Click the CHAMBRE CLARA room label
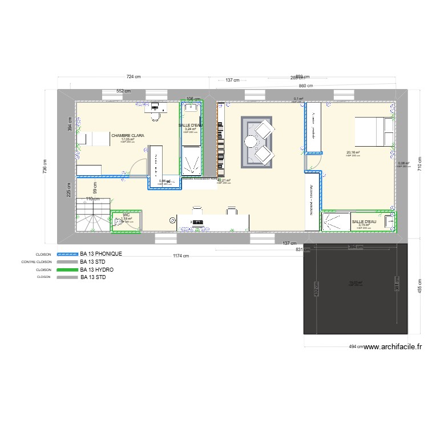point(128,136)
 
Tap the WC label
point(126,215)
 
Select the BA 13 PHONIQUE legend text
point(100,253)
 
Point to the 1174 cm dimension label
point(181,256)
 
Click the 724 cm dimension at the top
point(134,76)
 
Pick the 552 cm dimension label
point(123,91)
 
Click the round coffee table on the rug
point(252,141)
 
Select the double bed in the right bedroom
point(374,130)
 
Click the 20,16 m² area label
point(353,152)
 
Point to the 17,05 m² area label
point(127,139)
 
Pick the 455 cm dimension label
point(419,289)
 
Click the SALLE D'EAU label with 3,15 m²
point(364,221)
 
